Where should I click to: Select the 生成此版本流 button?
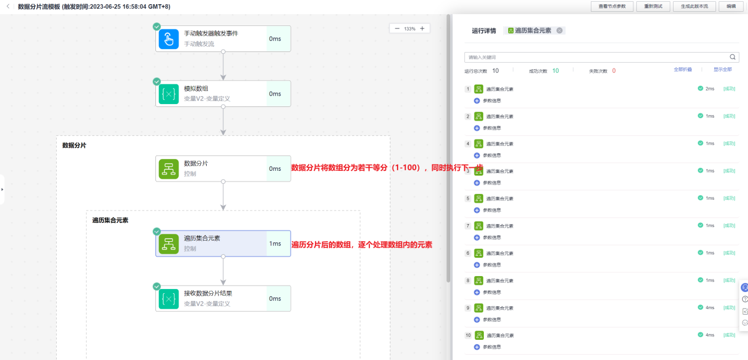[x=694, y=6]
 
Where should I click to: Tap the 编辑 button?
[x=731, y=6]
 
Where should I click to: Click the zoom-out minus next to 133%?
[x=397, y=28]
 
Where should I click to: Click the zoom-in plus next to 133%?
[x=422, y=28]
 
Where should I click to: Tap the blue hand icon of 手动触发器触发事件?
[x=168, y=39]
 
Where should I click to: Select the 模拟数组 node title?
[x=196, y=89]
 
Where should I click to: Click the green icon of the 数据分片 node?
[x=168, y=169]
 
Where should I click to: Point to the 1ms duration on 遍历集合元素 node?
[x=275, y=244]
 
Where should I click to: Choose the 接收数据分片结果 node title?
[x=207, y=293]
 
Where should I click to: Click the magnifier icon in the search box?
[x=733, y=57]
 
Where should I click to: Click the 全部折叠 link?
[x=682, y=70]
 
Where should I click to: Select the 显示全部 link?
[x=722, y=70]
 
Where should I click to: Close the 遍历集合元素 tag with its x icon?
[x=560, y=31]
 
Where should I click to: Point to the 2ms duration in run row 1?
[x=710, y=89]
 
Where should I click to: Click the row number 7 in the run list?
[x=468, y=226]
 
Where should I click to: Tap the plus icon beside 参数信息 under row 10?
[x=477, y=346]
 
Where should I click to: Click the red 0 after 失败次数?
[x=614, y=71]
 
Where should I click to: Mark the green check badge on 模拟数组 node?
[x=157, y=82]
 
